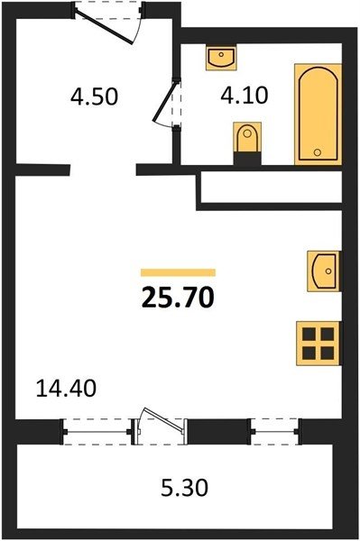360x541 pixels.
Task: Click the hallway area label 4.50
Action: click(x=94, y=96)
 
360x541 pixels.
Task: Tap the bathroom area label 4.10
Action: click(x=245, y=96)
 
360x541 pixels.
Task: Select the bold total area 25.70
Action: click(x=178, y=298)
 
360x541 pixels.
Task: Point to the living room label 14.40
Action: click(x=66, y=388)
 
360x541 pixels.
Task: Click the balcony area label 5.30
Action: click(x=185, y=488)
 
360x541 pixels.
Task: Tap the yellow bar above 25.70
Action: click(x=178, y=272)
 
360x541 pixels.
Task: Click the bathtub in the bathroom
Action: click(x=318, y=114)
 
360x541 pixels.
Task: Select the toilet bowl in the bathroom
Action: click(x=247, y=137)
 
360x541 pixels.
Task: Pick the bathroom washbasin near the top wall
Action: click(x=221, y=58)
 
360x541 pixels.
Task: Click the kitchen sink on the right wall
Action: click(x=324, y=271)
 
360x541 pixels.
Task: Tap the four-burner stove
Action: click(x=318, y=344)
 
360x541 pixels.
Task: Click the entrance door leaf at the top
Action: click(x=104, y=27)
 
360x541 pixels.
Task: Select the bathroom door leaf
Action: click(x=165, y=101)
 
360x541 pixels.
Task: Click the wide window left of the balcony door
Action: click(x=97, y=432)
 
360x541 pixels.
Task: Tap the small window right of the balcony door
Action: click(x=275, y=432)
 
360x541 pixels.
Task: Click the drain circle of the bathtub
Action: click(x=318, y=151)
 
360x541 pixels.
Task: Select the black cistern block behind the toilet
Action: click(x=247, y=159)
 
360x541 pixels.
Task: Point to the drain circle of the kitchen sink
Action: click(x=328, y=271)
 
